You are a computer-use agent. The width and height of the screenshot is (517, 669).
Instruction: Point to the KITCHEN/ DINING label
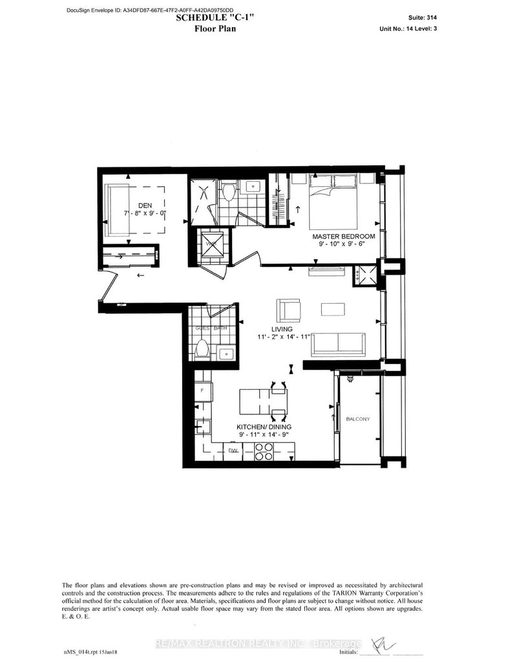265,427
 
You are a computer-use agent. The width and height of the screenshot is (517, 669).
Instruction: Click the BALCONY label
357,419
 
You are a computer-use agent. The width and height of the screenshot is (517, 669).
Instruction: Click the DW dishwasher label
233,450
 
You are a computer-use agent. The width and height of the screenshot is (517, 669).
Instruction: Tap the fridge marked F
202,391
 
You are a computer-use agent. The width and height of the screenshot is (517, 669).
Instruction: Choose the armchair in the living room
288,310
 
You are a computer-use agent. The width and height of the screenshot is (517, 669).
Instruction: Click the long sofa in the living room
339,345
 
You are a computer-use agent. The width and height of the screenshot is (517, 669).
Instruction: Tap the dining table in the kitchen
260,401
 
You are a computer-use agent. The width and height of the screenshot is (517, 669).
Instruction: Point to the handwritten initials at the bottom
376,644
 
